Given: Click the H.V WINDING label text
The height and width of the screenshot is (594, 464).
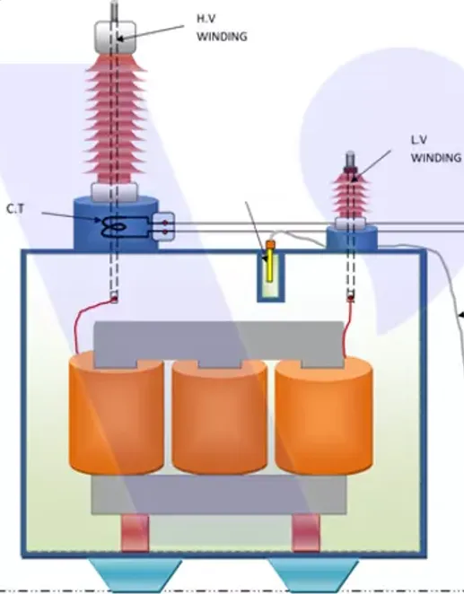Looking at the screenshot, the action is click(x=222, y=28).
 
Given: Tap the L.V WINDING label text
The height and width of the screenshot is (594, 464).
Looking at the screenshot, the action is click(x=436, y=149).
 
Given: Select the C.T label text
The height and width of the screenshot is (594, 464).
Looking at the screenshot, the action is click(x=15, y=209).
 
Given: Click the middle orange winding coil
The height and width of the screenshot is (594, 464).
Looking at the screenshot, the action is click(x=219, y=416).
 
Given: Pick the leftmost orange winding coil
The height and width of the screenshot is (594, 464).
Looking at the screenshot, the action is click(x=117, y=413).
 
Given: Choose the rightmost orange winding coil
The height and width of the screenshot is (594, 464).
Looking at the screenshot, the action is click(x=324, y=416).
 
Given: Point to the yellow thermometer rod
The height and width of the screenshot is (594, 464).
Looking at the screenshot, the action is click(x=269, y=266).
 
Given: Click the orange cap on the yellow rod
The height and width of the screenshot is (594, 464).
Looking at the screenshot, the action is click(x=270, y=244).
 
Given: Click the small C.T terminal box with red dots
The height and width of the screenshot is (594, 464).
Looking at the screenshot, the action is click(x=163, y=226).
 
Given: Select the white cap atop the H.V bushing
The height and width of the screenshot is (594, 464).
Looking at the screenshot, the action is click(x=115, y=37).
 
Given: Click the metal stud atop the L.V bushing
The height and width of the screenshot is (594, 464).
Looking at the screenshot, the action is click(x=350, y=161).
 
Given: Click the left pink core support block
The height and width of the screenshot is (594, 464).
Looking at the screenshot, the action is click(x=135, y=533).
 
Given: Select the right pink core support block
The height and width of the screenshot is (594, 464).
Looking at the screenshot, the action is click(x=306, y=533).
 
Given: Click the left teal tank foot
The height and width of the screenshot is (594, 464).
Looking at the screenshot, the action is click(x=136, y=575).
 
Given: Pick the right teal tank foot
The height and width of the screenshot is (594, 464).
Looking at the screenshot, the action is click(x=314, y=575).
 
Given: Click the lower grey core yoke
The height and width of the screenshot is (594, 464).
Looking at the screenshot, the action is click(x=219, y=494).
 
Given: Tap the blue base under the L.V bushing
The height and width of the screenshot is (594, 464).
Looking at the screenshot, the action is click(x=352, y=238).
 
